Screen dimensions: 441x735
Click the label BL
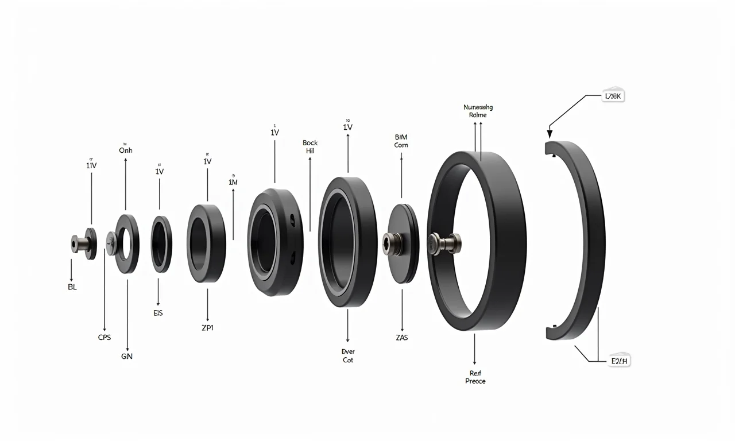point(72,287)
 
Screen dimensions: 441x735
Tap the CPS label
point(105,338)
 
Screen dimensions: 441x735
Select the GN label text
point(127,357)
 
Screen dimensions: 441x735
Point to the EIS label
point(158,313)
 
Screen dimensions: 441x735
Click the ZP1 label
point(207,328)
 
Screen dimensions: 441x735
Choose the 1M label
point(233,182)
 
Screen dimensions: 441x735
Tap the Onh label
point(125,150)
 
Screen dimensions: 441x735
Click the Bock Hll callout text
point(310,147)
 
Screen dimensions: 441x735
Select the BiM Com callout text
point(401,141)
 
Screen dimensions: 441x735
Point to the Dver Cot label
point(347,355)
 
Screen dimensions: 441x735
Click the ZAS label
point(401,338)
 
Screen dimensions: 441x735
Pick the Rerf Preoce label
point(475,377)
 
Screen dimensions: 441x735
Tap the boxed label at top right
point(612,96)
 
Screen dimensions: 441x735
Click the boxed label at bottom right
point(619,361)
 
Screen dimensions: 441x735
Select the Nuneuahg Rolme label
point(478,111)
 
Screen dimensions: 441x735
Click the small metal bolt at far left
point(76,243)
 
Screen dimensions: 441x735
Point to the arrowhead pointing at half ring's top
point(550,133)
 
